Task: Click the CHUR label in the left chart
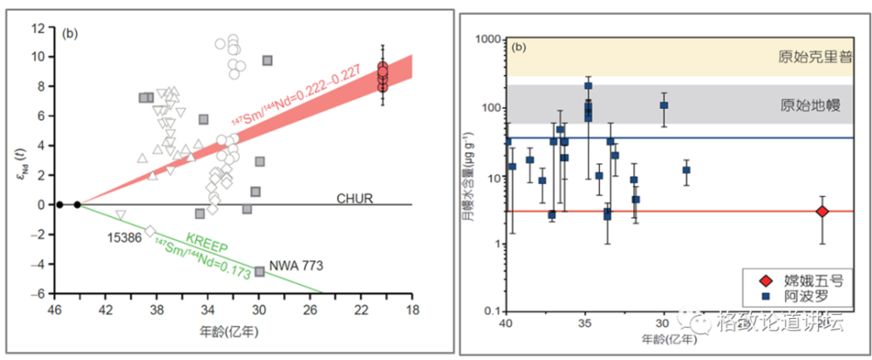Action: [354, 198]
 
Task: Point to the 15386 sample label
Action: [125, 236]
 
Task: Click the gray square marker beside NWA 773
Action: [259, 271]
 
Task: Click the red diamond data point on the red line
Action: [822, 211]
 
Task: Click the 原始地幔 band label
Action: [810, 105]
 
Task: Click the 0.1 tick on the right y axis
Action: [491, 311]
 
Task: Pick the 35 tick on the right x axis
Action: [585, 322]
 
